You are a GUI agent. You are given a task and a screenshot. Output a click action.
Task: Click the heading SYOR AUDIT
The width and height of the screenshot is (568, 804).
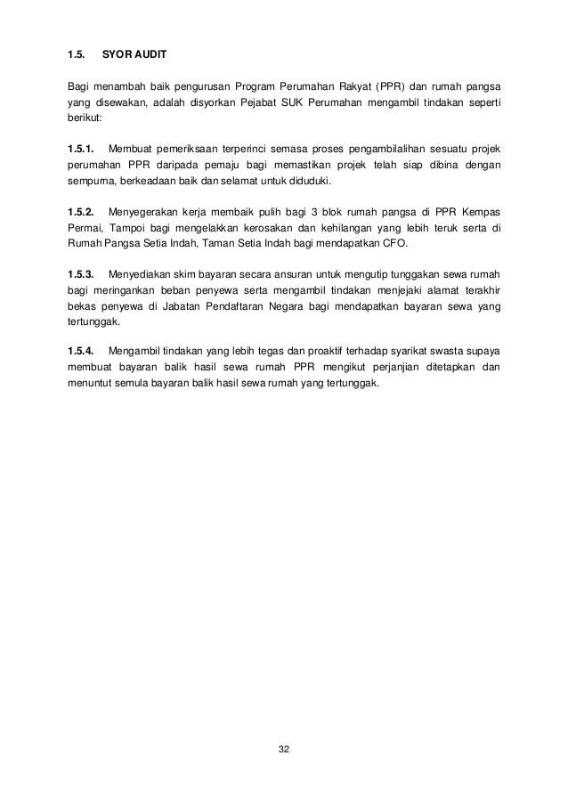click(134, 55)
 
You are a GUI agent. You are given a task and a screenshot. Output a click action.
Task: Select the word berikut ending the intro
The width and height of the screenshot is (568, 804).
click(85, 118)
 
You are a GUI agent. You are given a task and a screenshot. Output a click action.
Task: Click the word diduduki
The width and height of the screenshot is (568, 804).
click(306, 180)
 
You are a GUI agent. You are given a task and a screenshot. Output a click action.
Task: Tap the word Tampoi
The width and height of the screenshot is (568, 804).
click(125, 227)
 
